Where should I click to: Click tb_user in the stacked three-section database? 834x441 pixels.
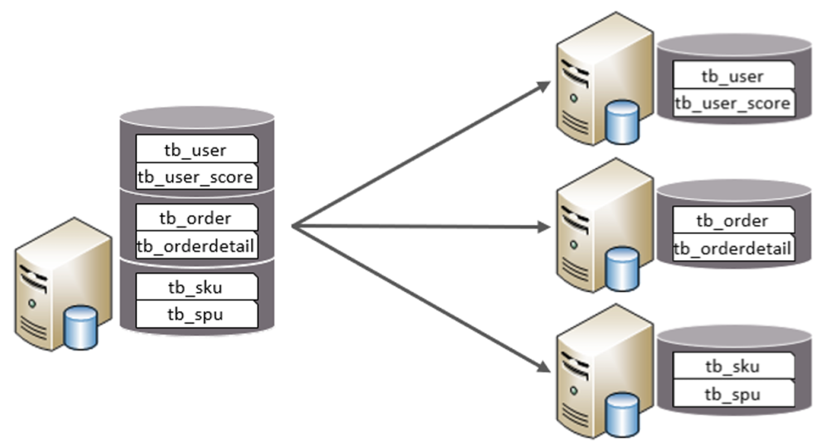pyautogui.click(x=195, y=149)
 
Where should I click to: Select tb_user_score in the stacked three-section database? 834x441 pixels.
pyautogui.click(x=195, y=176)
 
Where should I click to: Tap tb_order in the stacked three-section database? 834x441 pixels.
pyautogui.click(x=195, y=218)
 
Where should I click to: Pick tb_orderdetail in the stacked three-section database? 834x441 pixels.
pyautogui.click(x=195, y=245)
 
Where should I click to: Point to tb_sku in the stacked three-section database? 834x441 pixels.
pyautogui.click(x=195, y=287)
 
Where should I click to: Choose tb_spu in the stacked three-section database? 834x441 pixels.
pyautogui.click(x=195, y=314)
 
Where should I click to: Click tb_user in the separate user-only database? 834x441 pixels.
pyautogui.click(x=732, y=76)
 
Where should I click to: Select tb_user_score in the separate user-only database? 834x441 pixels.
pyautogui.click(x=732, y=103)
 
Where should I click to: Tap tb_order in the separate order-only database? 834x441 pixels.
pyautogui.click(x=732, y=220)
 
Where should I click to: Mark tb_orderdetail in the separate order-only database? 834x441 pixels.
pyautogui.click(x=732, y=248)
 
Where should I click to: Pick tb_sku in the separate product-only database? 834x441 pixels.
pyautogui.click(x=732, y=366)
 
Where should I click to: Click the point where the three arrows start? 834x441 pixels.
pyautogui.click(x=292, y=225)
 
